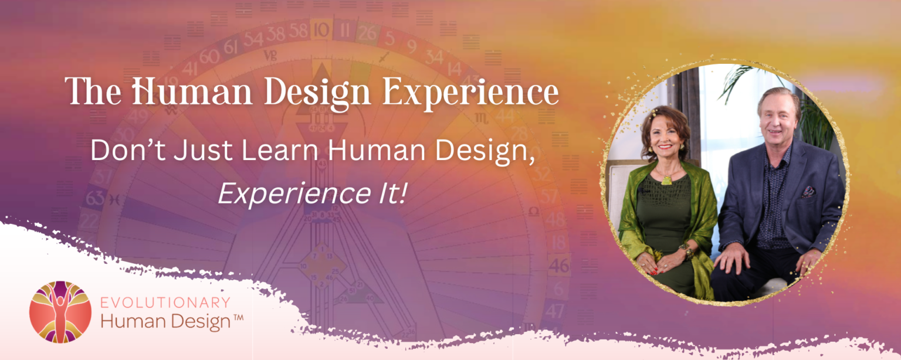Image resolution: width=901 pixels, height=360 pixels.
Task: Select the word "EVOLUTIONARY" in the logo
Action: tap(165, 303)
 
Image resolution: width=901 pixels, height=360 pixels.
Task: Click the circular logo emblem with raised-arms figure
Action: tap(60, 311)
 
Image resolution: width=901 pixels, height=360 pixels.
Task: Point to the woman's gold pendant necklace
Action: tap(666, 179)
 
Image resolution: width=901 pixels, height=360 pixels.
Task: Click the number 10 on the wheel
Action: tap(321, 28)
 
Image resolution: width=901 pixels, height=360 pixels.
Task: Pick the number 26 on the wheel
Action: tap(367, 33)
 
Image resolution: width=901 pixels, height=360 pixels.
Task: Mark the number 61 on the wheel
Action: tap(231, 46)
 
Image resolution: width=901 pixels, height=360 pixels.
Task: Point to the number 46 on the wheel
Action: tap(559, 266)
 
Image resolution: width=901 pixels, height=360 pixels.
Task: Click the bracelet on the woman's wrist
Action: tap(684, 251)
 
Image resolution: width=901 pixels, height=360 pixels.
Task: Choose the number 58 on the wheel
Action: tap(299, 29)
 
